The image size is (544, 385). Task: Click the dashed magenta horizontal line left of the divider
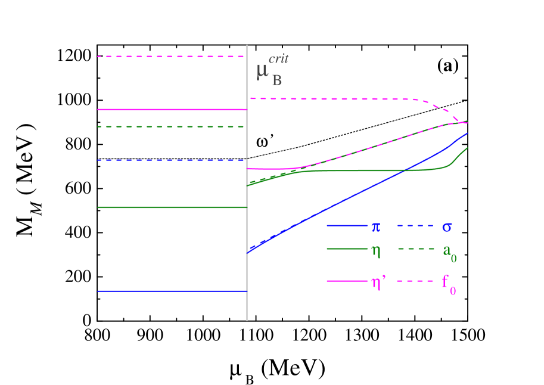pos(172,57)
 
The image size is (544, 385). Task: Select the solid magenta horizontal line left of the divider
pos(172,110)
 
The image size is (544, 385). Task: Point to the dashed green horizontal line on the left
pos(172,127)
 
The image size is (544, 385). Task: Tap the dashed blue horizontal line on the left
pos(172,160)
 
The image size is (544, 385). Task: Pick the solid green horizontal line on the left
pos(172,207)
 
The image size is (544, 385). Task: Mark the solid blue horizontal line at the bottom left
pos(172,291)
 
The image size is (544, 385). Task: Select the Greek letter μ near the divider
pos(262,72)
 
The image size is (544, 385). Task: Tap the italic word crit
pos(278,59)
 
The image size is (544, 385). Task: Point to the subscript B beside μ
pos(277,80)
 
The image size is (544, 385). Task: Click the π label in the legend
pos(376,226)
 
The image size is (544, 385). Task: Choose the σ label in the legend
pos(447,227)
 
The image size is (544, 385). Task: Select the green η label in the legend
pos(376,250)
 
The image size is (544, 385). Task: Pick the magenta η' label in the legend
pos(378,282)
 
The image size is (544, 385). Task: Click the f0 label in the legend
pos(449,282)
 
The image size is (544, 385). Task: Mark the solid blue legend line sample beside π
pos(347,226)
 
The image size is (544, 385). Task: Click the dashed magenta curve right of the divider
pos(334,98)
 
